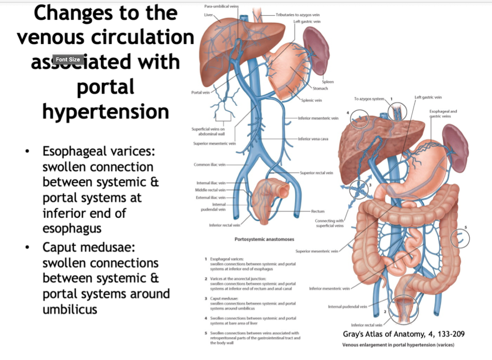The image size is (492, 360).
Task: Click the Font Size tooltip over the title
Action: point(68,59)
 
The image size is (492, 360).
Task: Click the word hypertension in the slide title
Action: point(105,111)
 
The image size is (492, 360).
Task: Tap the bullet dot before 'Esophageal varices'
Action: point(31,151)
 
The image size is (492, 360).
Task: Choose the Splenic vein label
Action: point(311,101)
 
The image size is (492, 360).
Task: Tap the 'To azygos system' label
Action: point(369,99)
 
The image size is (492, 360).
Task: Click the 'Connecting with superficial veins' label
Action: point(329,223)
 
